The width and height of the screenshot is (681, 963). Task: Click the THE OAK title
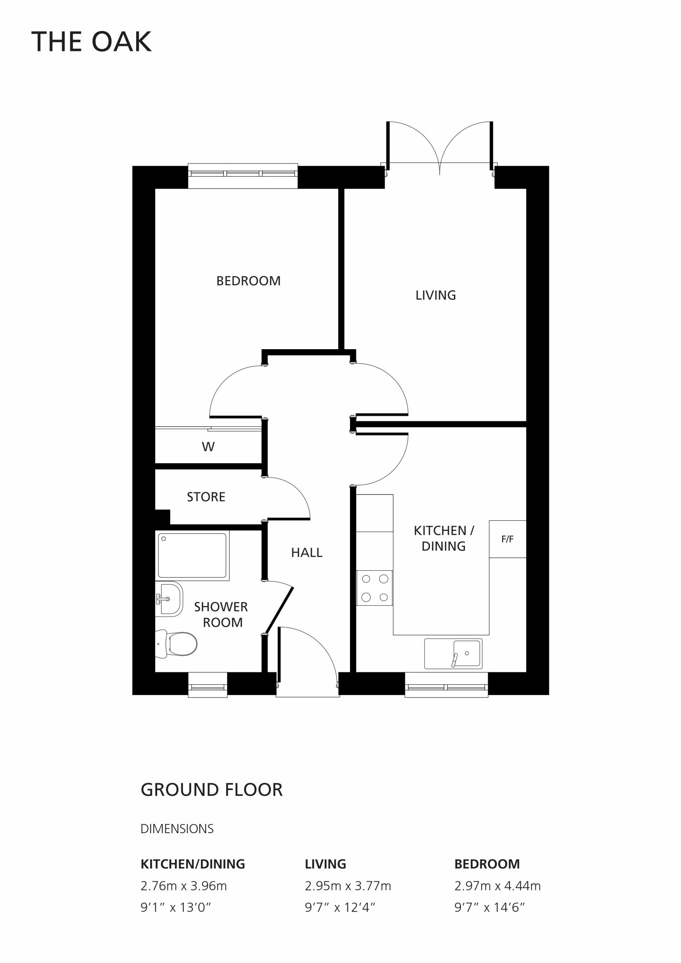coord(91,42)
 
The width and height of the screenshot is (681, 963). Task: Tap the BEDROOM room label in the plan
coord(248,281)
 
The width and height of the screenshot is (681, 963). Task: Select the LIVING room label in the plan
coord(435,295)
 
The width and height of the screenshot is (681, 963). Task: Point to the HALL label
coord(306,553)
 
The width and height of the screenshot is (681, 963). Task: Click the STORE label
coord(206,497)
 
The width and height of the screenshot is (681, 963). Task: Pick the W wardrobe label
coord(208,447)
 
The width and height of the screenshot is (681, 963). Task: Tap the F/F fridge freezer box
coord(508,539)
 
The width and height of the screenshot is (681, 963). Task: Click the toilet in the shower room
coord(176,643)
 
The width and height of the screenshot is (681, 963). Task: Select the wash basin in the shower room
coord(169,599)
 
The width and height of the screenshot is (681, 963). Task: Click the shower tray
coord(192,556)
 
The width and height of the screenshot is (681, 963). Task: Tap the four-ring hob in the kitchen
coord(375,588)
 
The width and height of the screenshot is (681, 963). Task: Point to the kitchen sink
coord(453,654)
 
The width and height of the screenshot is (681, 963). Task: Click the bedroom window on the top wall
coord(243,176)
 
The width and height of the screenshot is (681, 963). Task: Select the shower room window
coord(207,684)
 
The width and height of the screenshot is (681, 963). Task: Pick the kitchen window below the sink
coord(446,684)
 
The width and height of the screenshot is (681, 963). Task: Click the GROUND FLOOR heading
coord(212,790)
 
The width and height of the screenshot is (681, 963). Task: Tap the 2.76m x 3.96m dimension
coord(183,886)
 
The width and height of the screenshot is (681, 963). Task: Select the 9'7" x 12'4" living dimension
coord(340,908)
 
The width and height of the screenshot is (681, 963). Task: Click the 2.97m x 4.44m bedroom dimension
coord(498,886)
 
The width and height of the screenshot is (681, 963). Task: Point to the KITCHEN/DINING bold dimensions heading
coord(193,864)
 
